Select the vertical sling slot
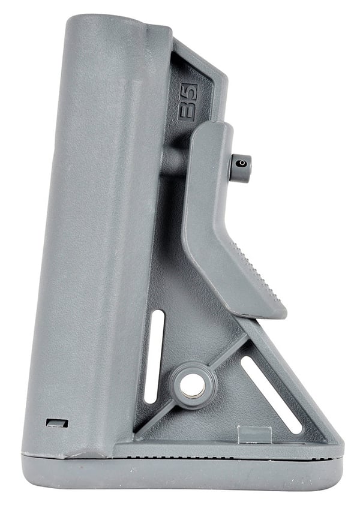(154, 356)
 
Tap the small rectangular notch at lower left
(57, 423)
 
